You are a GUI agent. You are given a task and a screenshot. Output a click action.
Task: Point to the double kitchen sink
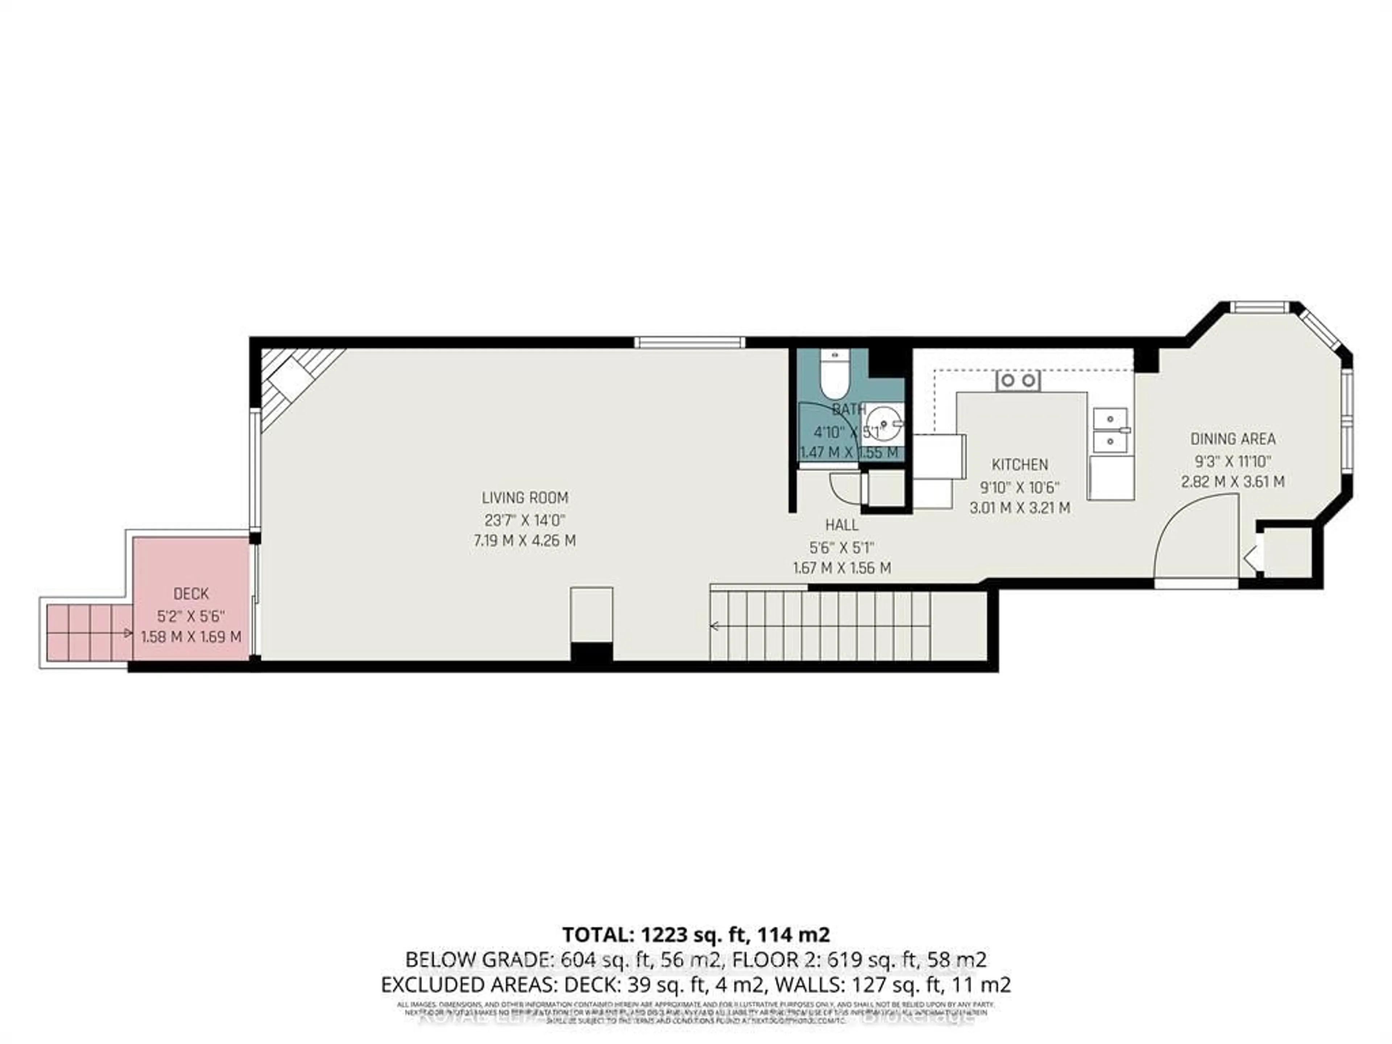1111,430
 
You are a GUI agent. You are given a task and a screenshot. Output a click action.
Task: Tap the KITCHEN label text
1019,465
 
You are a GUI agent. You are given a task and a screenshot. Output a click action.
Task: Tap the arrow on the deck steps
128,633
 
